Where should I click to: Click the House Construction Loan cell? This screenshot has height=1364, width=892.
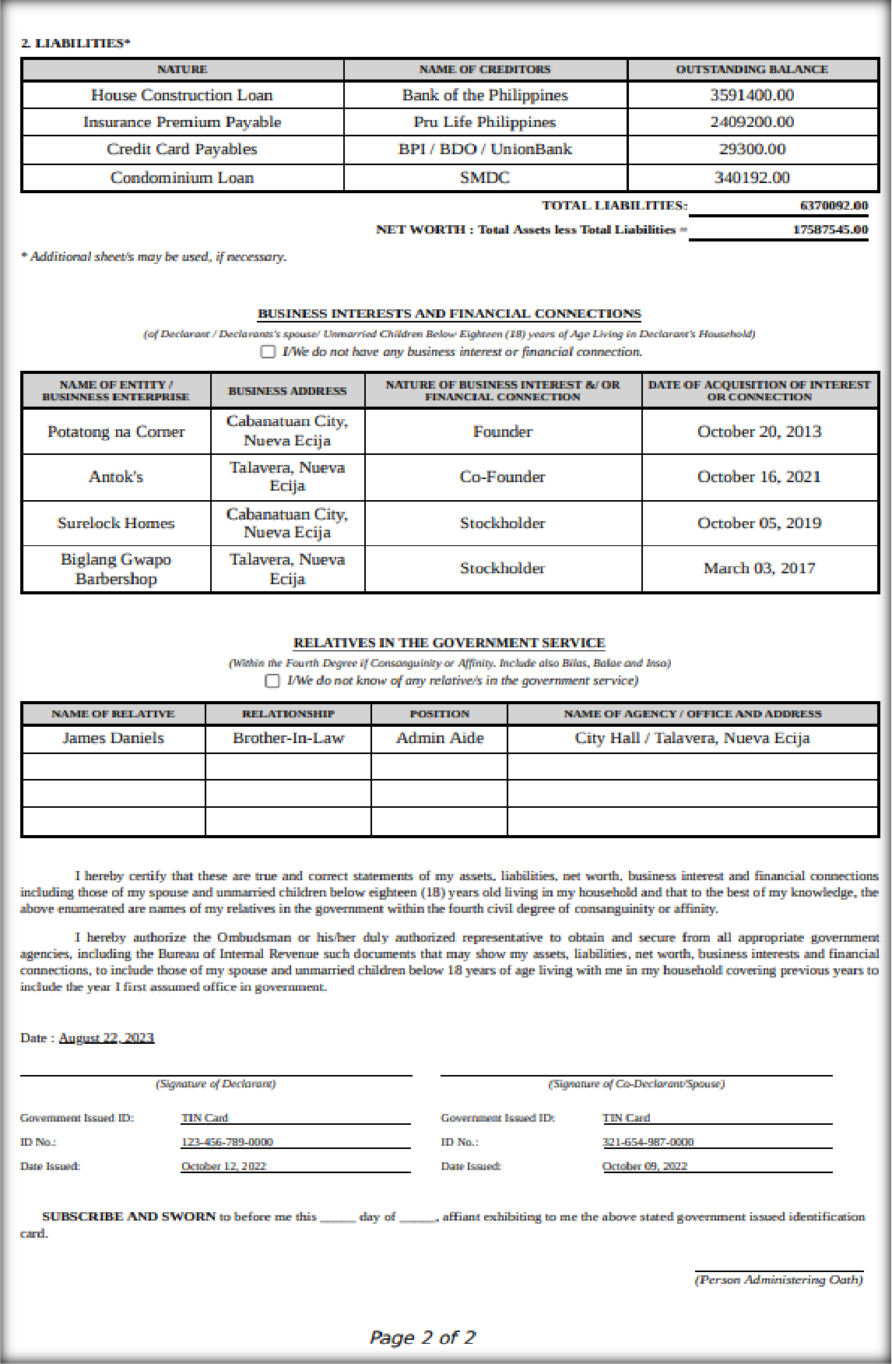182,96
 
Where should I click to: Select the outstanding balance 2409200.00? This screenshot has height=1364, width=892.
752,122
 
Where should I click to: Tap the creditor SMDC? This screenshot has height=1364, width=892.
485,178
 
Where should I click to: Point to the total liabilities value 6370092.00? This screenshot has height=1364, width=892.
834,206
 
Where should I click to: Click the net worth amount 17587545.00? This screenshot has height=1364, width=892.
830,230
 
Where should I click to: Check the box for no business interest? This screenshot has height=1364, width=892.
269,352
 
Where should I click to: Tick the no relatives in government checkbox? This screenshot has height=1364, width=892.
272,681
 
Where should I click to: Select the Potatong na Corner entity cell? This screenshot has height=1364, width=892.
116,432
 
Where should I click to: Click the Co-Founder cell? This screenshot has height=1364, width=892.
503,477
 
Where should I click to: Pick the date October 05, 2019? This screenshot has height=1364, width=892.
759,523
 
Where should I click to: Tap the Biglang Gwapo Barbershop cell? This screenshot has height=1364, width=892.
116,569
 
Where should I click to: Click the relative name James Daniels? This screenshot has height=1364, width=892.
114,738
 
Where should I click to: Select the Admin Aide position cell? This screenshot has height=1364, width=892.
440,738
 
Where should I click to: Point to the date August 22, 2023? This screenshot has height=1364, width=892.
107,1038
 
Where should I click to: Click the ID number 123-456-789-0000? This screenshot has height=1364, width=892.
227,1142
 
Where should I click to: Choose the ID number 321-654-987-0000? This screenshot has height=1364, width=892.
648,1142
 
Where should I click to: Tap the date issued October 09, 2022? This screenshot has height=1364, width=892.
644,1166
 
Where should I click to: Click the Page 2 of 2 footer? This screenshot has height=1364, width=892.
422,1338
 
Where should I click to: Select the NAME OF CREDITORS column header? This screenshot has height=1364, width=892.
485,69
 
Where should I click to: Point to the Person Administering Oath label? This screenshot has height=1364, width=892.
778,1279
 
